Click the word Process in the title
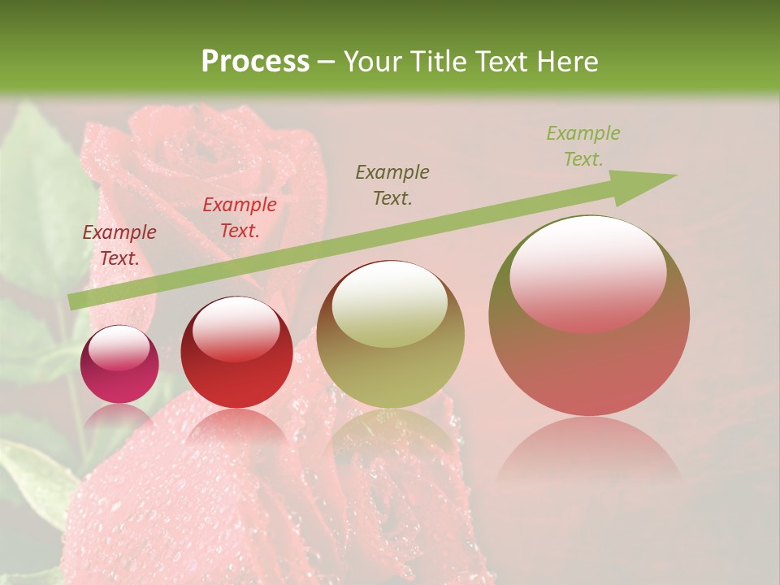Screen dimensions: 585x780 coord(255,62)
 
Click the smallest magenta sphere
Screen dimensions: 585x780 coord(119,364)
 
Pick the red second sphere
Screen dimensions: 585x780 coord(236,352)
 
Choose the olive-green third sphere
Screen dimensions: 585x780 coord(390,334)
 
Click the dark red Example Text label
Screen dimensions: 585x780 coord(119,245)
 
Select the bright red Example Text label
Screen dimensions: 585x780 coord(240,218)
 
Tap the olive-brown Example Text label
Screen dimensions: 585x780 coord(392,184)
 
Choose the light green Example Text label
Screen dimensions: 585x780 coord(583,146)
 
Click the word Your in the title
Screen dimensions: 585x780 coord(372,62)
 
